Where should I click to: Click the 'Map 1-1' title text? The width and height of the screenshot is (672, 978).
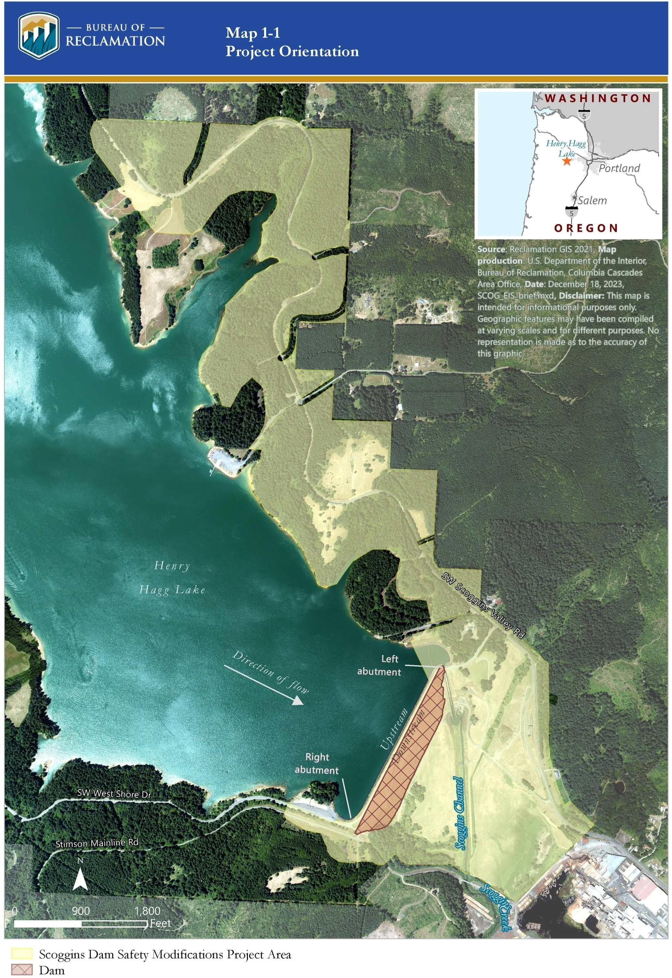(x=253, y=33)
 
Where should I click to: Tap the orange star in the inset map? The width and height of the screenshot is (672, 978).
(x=567, y=161)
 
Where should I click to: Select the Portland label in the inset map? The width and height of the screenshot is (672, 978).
(x=619, y=168)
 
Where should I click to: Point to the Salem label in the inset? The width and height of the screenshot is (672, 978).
(x=592, y=201)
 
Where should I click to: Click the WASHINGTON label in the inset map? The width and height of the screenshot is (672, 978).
(x=598, y=99)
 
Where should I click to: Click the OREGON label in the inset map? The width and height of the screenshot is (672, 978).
(x=586, y=228)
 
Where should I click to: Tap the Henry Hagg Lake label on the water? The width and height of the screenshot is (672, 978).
(x=172, y=577)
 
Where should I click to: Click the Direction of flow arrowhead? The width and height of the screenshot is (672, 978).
(x=298, y=700)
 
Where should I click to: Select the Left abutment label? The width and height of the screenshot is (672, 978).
(x=379, y=665)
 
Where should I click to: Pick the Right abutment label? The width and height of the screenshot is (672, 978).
(x=317, y=764)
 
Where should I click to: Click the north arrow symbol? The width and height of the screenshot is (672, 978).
(x=80, y=879)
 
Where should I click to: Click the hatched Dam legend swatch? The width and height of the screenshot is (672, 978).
(x=21, y=970)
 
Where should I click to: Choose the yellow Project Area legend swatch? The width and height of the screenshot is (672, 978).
(x=21, y=954)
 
